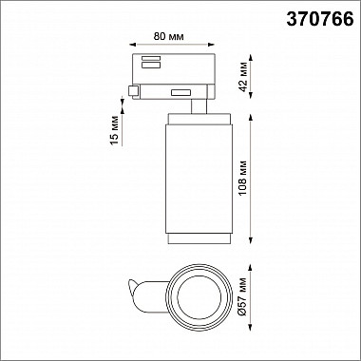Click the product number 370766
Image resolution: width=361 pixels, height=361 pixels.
(x=320, y=19)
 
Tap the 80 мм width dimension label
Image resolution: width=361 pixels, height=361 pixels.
(x=168, y=36)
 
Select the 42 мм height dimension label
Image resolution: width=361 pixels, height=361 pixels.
(x=243, y=81)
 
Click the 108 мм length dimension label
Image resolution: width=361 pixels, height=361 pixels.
(x=243, y=178)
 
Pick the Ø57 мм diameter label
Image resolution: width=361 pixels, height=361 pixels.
(x=243, y=296)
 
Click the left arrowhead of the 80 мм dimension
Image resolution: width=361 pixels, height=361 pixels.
(x=133, y=45)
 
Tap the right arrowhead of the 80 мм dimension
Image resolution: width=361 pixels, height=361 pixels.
(x=212, y=45)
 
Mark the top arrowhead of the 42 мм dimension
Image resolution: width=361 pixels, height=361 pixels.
(x=251, y=58)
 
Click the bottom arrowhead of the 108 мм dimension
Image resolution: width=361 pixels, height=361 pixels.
(x=251, y=240)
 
